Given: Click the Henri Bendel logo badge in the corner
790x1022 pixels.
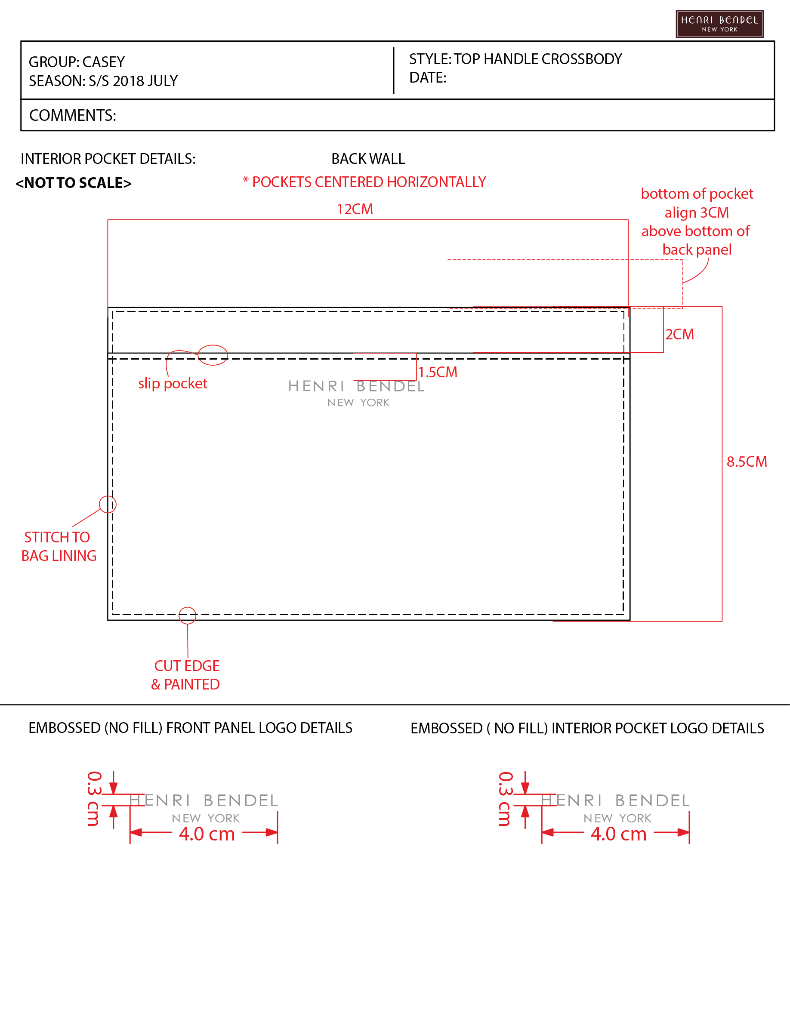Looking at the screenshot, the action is pos(719,24).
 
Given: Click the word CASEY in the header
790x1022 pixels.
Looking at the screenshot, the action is pos(103,62).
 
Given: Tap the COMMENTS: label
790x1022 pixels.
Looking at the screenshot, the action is pos(73,115).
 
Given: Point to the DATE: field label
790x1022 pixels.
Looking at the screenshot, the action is pos(428,78).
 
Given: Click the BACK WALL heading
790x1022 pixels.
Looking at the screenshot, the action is pos(368,159).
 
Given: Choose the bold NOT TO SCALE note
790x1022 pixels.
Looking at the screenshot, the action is pos(74,182).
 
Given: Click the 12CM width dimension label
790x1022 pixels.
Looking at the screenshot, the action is pos(355,209).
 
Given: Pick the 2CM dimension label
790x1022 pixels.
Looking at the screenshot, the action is pos(679,334).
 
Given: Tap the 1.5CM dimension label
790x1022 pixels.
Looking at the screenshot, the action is pos(438,372).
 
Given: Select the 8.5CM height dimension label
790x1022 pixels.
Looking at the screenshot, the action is pos(747,462).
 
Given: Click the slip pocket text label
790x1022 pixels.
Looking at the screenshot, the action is pos(173,383).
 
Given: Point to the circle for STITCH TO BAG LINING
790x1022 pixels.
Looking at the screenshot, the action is pos(108,496).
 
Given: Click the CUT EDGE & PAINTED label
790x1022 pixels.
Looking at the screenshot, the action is pos(186,675).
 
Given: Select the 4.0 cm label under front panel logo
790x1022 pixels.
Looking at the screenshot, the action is pos(207,834).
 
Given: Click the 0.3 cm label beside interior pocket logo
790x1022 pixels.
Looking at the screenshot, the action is pos(506,799).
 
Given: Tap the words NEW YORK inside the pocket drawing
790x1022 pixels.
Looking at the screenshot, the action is pos(358,403).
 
